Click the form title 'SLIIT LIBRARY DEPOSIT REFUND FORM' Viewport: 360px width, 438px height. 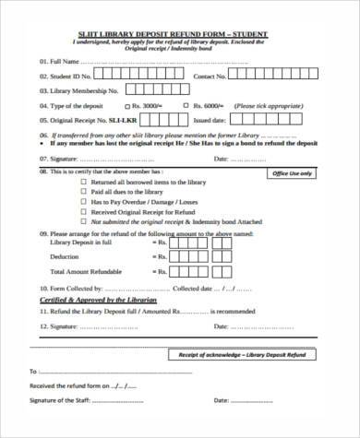click(x=180, y=34)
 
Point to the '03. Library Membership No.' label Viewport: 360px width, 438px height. click(x=78, y=91)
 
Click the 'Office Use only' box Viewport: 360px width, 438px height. click(x=294, y=173)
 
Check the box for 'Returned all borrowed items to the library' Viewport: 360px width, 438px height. click(x=84, y=183)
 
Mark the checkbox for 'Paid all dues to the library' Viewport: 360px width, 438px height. click(x=84, y=192)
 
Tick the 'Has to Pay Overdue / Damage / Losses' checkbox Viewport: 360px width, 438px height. click(x=84, y=202)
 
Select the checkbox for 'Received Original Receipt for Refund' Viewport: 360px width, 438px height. click(x=84, y=212)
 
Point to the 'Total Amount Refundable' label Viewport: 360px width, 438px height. click(x=85, y=272)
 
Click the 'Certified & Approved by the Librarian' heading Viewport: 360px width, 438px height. click(x=98, y=302)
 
